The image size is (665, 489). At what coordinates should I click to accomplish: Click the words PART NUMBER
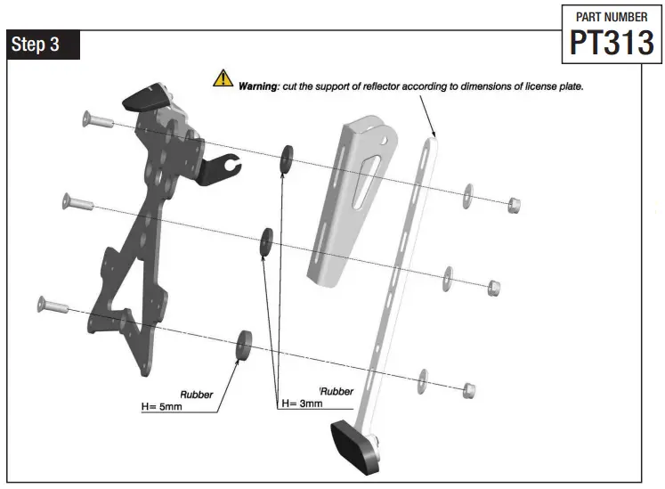tap(612, 17)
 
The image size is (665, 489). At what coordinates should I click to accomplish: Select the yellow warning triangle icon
tap(222, 79)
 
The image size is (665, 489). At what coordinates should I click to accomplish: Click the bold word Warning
tap(259, 87)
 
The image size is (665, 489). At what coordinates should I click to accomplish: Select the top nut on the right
tap(513, 207)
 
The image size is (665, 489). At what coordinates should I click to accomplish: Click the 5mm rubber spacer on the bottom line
tap(241, 347)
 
